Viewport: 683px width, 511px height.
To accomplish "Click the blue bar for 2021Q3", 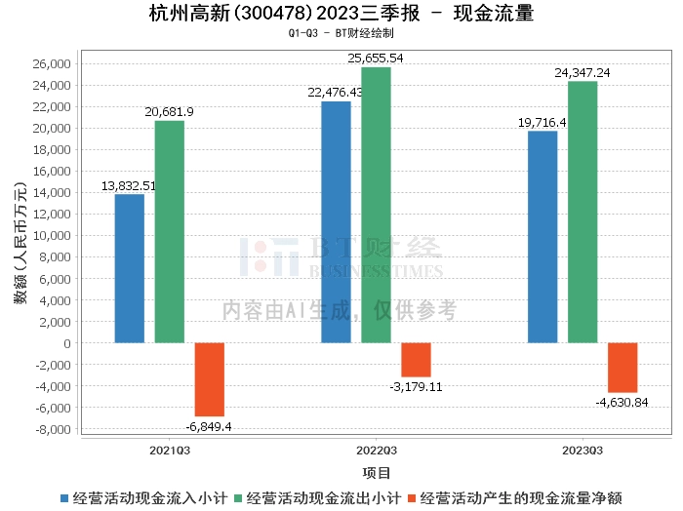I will click(130, 268).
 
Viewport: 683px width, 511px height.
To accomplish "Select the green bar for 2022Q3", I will click(376, 205).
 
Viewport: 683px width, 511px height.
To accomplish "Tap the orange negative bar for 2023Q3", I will click(623, 368).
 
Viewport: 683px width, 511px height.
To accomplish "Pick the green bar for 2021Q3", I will click(169, 231).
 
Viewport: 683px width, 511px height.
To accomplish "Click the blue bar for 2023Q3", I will click(542, 237).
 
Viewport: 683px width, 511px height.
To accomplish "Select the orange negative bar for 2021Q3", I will click(210, 379).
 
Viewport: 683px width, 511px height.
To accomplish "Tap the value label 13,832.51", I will click(129, 185).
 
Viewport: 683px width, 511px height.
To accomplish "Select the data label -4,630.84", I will click(622, 402).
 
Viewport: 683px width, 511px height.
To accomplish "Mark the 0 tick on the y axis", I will click(67, 343).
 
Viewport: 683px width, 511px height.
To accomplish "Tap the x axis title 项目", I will click(376, 473).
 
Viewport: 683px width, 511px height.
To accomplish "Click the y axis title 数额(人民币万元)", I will click(20, 246).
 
